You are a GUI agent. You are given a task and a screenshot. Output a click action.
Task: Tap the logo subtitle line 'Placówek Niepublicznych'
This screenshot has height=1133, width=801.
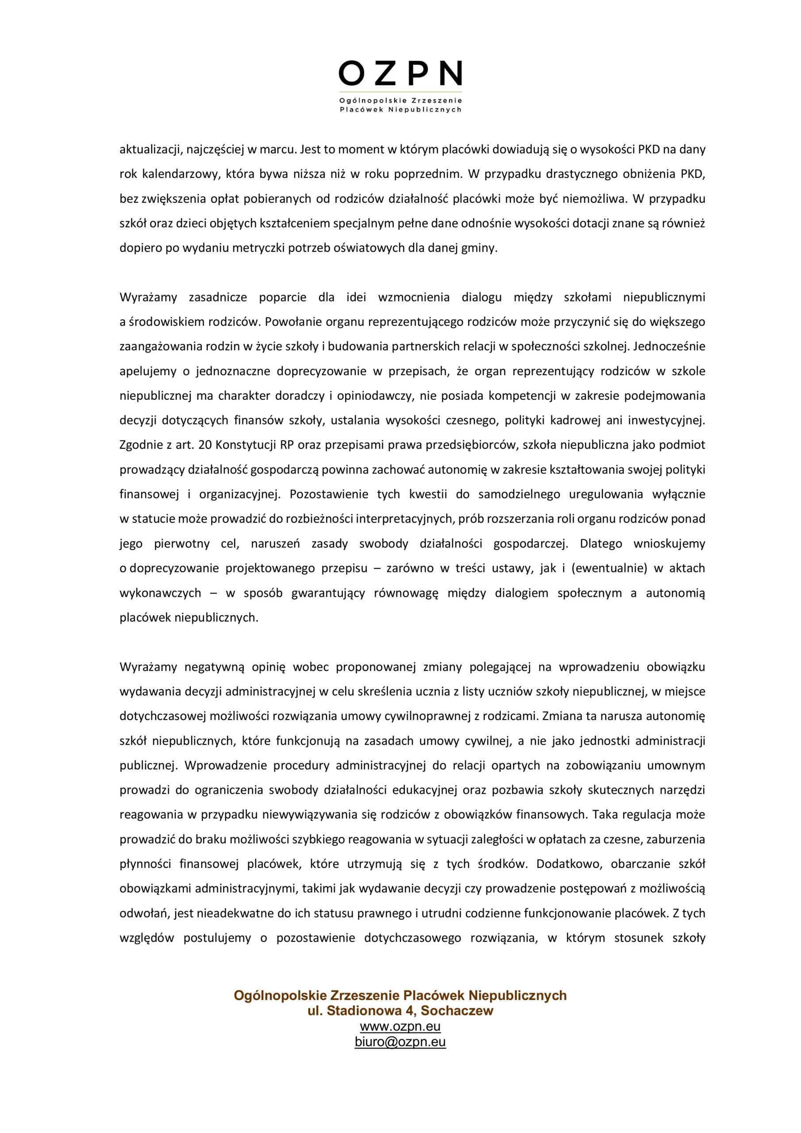(400, 110)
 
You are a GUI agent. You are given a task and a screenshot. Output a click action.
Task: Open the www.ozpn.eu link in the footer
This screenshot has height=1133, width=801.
(400, 1026)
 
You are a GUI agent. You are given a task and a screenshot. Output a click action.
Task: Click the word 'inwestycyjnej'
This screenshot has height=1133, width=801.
(666, 420)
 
